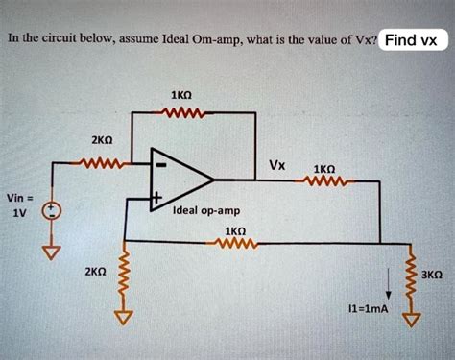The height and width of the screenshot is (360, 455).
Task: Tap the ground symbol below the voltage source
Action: coord(55,252)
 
